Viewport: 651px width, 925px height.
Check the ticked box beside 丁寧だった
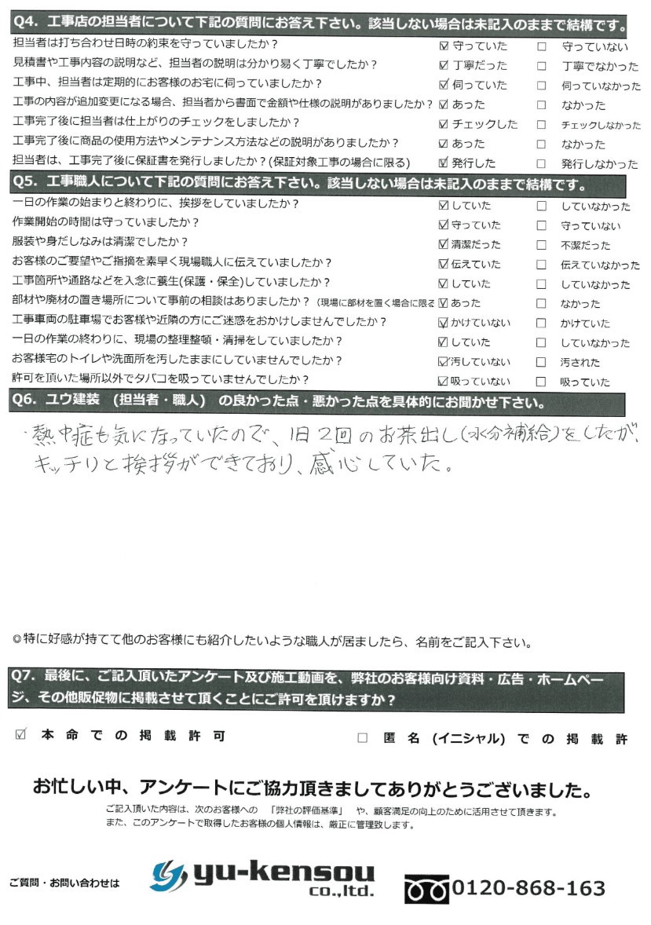[x=445, y=65]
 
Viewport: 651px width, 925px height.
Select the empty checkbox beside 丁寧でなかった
[x=542, y=65]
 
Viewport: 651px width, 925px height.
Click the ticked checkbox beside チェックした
[x=445, y=124]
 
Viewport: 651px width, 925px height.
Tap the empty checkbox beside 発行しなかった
[x=542, y=163]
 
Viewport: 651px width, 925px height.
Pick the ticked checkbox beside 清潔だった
[x=445, y=244]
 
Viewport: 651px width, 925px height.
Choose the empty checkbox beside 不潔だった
[x=542, y=244]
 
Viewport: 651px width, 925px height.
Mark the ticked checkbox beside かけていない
[x=445, y=323]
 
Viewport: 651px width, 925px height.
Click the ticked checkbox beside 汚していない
[x=445, y=362]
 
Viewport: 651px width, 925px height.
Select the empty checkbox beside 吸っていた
[x=542, y=382]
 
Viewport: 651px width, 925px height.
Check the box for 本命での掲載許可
[x=21, y=736]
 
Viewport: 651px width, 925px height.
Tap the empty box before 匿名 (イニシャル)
[x=362, y=737]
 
